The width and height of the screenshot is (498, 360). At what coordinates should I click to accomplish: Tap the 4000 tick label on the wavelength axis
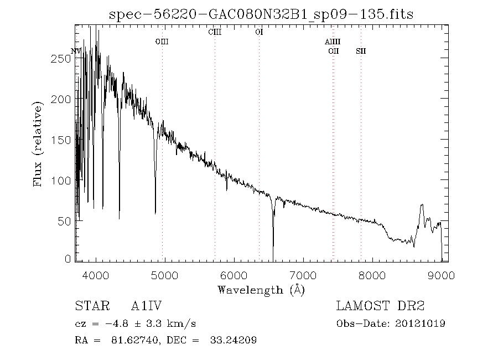click(x=96, y=275)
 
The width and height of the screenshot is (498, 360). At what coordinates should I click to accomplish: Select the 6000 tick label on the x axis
click(x=234, y=275)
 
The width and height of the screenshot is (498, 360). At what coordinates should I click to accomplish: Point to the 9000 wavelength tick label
click(x=441, y=275)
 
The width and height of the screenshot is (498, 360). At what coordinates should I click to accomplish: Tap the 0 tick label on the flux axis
click(x=68, y=259)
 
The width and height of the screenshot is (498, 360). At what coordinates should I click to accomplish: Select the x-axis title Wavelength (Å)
click(x=261, y=290)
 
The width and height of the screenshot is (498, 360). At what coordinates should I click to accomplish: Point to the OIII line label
click(x=162, y=42)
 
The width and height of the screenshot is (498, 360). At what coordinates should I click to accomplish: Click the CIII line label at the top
click(x=215, y=32)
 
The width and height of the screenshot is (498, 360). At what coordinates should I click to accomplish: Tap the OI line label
click(x=258, y=32)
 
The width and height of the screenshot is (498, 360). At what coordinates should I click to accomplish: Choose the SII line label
click(x=361, y=52)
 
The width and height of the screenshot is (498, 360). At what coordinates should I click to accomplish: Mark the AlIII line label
click(x=333, y=42)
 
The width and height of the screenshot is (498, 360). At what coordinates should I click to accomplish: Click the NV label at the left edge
click(x=76, y=52)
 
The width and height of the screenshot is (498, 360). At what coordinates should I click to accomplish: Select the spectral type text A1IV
click(x=146, y=306)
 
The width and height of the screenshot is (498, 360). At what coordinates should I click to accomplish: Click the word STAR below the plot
click(x=89, y=306)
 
